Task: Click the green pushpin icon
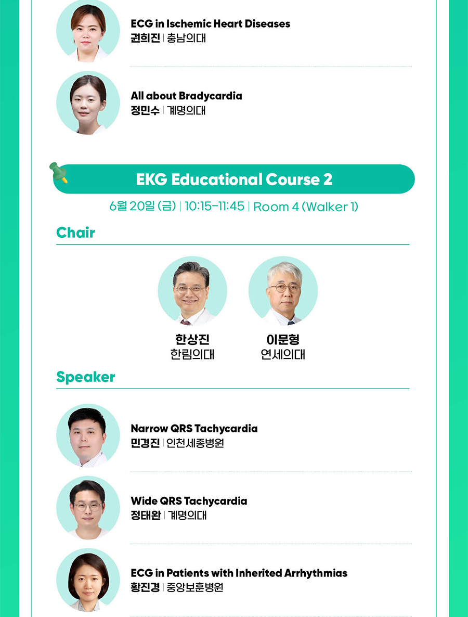(x=59, y=173)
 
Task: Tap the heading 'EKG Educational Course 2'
(x=234, y=179)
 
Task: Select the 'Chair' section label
(x=75, y=233)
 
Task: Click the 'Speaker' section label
(x=86, y=377)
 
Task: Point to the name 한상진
(x=192, y=339)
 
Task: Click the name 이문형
(x=283, y=339)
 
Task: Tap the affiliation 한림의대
(x=192, y=354)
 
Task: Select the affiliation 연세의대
(x=283, y=354)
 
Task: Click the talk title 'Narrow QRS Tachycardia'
(x=194, y=429)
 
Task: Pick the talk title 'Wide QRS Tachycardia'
(x=189, y=501)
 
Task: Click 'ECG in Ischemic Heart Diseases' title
(x=211, y=23)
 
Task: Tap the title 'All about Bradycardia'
(x=186, y=96)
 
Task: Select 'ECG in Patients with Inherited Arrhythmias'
(x=239, y=573)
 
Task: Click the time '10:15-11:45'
(x=214, y=206)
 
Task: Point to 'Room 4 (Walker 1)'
(x=306, y=207)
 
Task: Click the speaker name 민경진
(x=145, y=443)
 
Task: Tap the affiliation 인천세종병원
(x=195, y=443)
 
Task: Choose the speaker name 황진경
(x=145, y=587)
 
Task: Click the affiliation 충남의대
(x=186, y=38)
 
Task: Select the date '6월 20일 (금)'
(x=143, y=206)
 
